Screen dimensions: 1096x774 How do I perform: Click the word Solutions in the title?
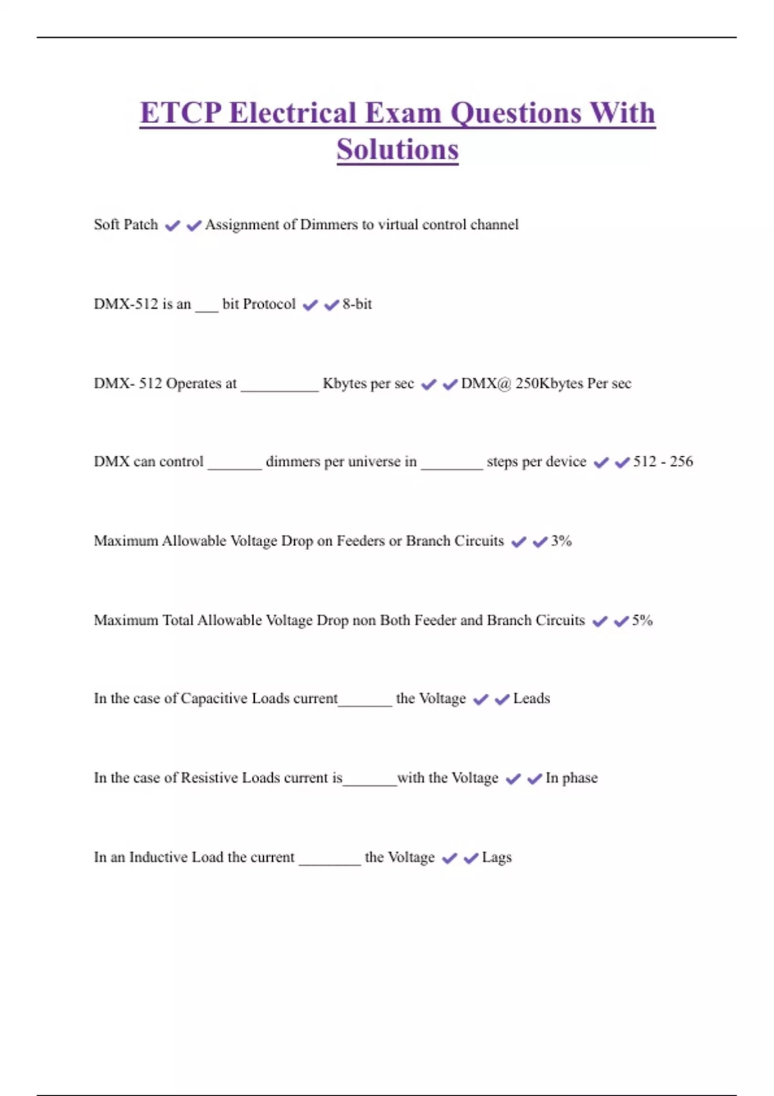click(x=397, y=150)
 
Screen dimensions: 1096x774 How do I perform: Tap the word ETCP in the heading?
click(x=180, y=113)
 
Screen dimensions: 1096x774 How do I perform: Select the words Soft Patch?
click(x=126, y=224)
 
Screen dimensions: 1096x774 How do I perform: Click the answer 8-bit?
click(x=357, y=304)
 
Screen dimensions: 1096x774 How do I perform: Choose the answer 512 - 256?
click(x=663, y=462)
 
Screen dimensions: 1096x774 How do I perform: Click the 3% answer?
click(x=561, y=541)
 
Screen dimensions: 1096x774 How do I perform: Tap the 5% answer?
click(x=642, y=620)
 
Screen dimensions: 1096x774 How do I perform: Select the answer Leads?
click(x=531, y=698)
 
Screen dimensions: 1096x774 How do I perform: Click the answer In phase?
click(x=571, y=778)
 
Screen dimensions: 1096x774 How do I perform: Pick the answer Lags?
click(x=497, y=857)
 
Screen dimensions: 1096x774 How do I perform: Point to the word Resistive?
click(x=210, y=778)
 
